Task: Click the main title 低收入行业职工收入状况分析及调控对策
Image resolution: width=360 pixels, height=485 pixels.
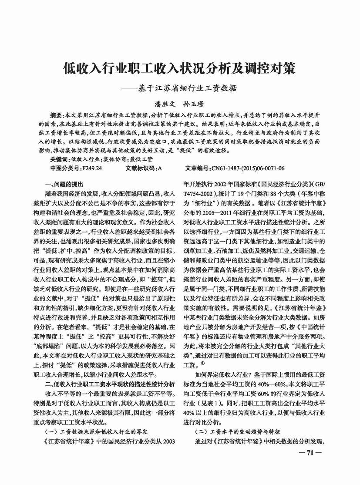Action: (x=179, y=68)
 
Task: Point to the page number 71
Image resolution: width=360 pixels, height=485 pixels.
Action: (x=310, y=452)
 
